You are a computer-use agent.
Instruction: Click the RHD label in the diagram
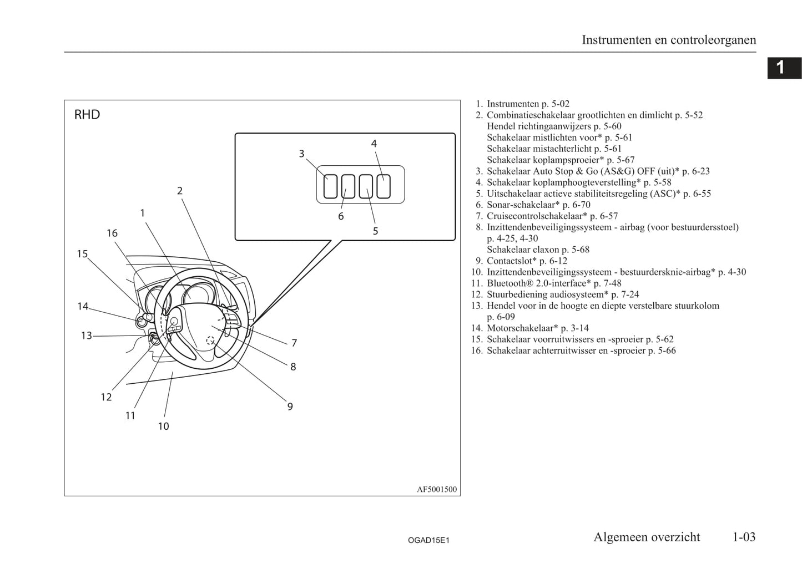87,114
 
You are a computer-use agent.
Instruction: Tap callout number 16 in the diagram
112,233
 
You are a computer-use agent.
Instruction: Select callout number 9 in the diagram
290,407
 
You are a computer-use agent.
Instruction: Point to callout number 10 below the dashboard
164,426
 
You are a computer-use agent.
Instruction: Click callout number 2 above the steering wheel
180,191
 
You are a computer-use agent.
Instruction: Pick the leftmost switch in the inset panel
330,186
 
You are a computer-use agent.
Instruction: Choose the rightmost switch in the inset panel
384,186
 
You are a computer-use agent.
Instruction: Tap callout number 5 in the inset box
375,231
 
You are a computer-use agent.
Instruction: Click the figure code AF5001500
437,489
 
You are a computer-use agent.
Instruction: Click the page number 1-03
744,537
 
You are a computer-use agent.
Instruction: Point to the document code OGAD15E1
428,540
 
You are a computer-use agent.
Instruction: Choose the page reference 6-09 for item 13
501,317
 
